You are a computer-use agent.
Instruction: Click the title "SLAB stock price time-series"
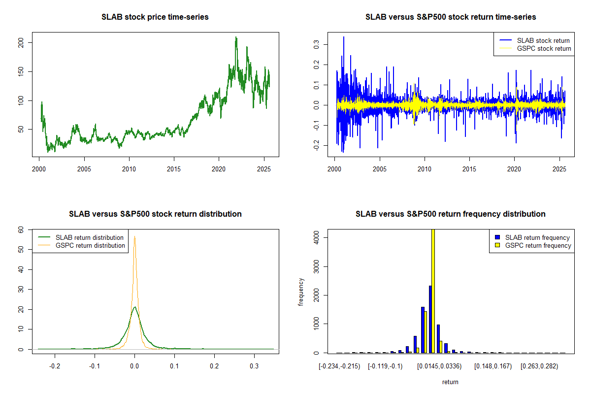[x=155, y=17]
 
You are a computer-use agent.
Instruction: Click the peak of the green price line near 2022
[x=236, y=37]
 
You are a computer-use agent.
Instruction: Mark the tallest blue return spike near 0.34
[x=344, y=37]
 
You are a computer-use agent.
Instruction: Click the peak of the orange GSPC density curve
[x=134, y=236]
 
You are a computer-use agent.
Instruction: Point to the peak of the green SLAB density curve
[x=134, y=307]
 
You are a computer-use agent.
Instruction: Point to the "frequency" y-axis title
[x=301, y=292]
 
